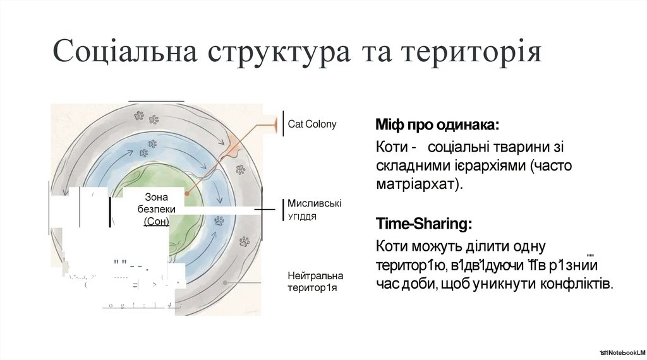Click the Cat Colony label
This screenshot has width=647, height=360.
pyautogui.click(x=312, y=124)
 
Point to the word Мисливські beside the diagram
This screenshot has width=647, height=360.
pyautogui.click(x=315, y=203)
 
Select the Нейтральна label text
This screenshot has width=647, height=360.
pyautogui.click(x=315, y=276)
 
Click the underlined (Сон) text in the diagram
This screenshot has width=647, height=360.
pyautogui.click(x=156, y=221)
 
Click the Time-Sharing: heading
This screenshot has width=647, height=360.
pyautogui.click(x=423, y=224)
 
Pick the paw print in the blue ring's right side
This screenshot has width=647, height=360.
pyautogui.click(x=219, y=220)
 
